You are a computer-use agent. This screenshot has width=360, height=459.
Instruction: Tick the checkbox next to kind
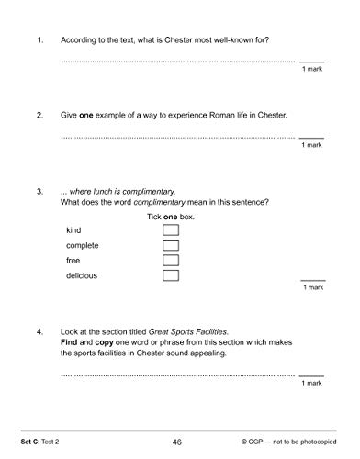coord(170,229)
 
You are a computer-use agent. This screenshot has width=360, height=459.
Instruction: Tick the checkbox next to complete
coord(170,245)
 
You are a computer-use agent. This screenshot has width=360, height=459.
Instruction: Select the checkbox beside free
coord(170,261)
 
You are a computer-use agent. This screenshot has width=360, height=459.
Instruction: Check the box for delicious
coord(170,275)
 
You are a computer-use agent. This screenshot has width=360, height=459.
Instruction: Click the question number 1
coord(39,40)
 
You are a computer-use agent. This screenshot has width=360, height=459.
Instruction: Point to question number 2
coord(39,115)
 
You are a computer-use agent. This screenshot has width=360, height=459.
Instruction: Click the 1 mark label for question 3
coord(312,287)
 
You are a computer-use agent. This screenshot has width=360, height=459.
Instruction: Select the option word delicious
coord(82,275)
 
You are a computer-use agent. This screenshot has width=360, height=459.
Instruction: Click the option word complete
coord(83,245)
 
